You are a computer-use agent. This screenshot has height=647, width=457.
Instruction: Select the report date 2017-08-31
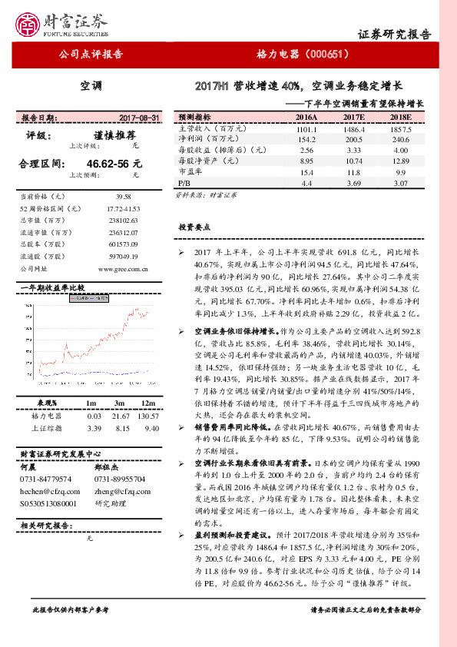click(140, 118)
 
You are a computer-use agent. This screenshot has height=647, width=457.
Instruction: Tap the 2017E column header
click(353, 118)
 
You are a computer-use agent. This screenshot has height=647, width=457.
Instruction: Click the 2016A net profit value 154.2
click(306, 140)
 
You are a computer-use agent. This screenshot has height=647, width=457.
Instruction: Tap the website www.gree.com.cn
click(124, 268)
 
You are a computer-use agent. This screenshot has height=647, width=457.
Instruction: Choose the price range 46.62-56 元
click(114, 164)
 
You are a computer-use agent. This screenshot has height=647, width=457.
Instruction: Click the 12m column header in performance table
click(148, 403)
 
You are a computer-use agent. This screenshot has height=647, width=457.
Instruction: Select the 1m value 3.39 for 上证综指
click(95, 427)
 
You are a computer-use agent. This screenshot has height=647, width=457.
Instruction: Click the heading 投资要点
click(194, 228)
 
